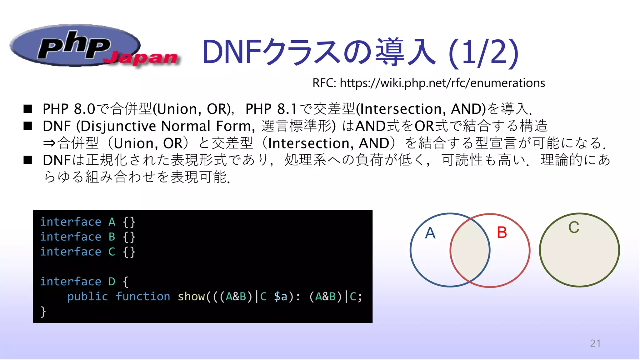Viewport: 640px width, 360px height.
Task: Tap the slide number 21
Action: pos(595,343)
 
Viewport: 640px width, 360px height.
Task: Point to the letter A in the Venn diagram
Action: pos(430,233)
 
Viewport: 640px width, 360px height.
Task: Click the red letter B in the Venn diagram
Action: pos(502,232)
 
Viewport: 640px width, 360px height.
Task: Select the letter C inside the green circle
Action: pos(574,227)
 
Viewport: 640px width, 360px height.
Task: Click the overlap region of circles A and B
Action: pos(470,250)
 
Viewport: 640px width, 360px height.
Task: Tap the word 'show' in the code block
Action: pos(191,297)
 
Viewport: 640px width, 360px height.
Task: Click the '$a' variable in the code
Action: pos(280,297)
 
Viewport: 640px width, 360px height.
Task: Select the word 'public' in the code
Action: pos(87,297)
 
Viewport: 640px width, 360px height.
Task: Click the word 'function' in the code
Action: pos(143,297)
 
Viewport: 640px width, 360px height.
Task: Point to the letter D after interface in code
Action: pos(112,282)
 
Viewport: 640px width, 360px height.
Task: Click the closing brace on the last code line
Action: pos(43,312)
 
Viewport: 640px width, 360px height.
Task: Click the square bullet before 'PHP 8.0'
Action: pos(28,109)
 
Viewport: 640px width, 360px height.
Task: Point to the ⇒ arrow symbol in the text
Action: pos(49,143)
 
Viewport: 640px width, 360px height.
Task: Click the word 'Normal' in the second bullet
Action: pos(186,126)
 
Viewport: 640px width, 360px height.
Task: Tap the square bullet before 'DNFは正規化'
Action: pos(28,160)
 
